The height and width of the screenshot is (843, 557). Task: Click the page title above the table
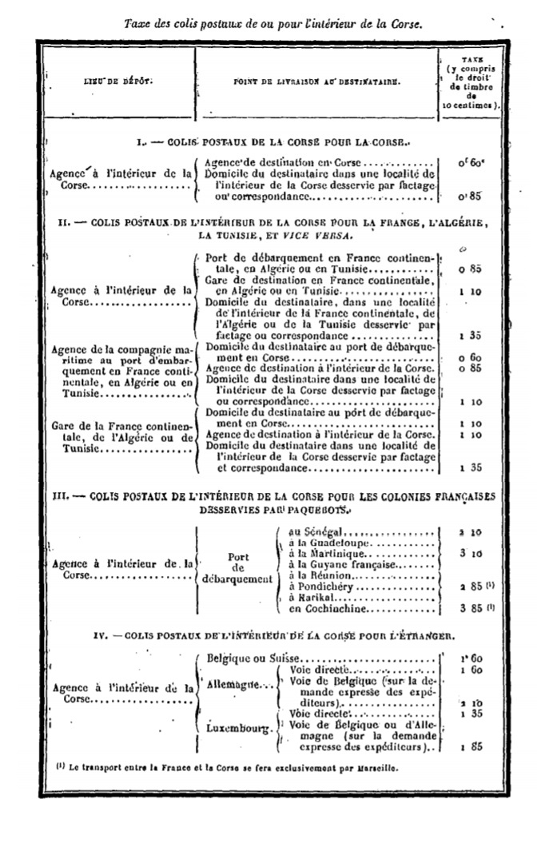(273, 23)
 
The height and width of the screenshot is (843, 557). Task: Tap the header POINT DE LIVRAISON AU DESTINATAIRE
(318, 81)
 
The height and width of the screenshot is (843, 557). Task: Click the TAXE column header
(471, 81)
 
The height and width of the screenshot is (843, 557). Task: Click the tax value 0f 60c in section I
(471, 162)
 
